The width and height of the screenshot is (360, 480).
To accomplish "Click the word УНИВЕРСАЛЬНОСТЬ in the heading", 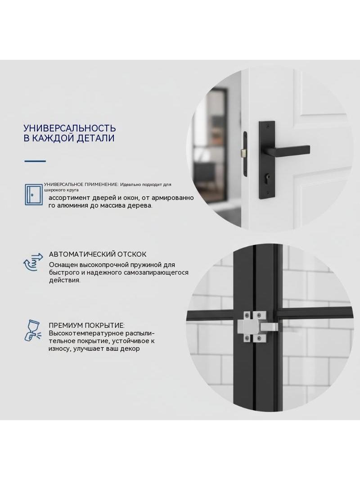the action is pos(70,127).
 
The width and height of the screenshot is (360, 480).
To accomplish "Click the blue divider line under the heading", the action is pos(35,161).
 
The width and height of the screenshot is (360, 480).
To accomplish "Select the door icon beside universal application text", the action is pos(34,195).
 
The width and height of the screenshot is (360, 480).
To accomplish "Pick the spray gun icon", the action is pos(32,331).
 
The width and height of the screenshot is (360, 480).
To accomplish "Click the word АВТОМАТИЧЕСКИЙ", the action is pos(82,254).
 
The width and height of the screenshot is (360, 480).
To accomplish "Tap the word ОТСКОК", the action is pos(132,254).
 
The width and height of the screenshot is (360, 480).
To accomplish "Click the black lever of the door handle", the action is pos(289,150).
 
